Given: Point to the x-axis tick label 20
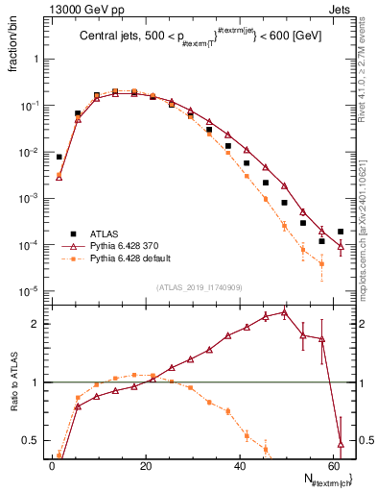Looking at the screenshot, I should click(146, 466).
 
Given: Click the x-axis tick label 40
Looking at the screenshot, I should click(240, 466).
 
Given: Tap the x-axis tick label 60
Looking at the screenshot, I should click(333, 466).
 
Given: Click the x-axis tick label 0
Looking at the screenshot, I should click(52, 466).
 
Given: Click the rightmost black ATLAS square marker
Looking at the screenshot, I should click(341, 232).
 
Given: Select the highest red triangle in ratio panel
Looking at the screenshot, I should click(284, 312).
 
